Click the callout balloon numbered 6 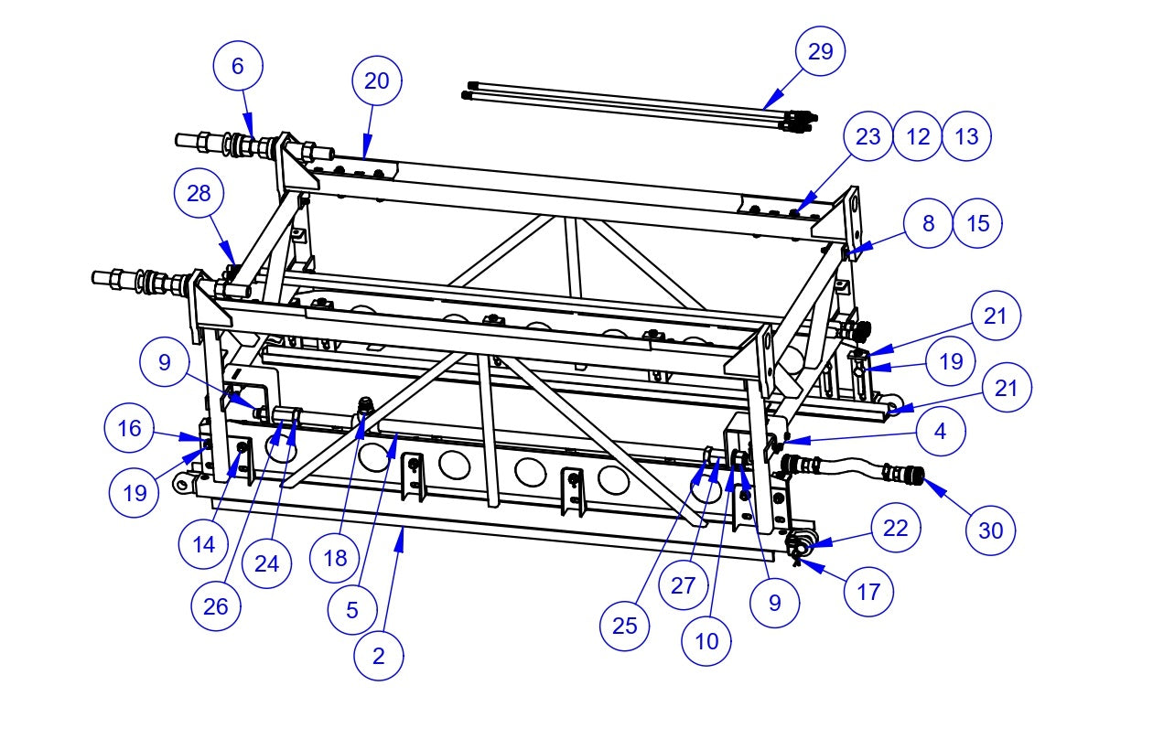tap(238, 67)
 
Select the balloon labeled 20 tap(377, 80)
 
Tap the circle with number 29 tap(821, 52)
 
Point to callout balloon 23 tap(868, 136)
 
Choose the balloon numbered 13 tap(966, 136)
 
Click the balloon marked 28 tap(199, 194)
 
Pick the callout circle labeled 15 tap(977, 224)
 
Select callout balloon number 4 tap(940, 430)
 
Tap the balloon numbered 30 tap(991, 530)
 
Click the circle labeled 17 tap(868, 591)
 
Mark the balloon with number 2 tap(378, 655)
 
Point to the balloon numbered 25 tap(625, 626)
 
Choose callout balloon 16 tap(129, 428)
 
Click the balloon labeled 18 tap(335, 558)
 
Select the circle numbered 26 tap(216, 607)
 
